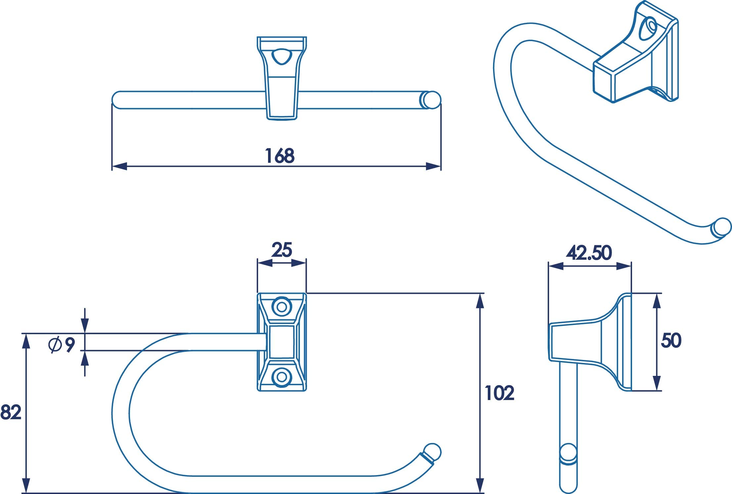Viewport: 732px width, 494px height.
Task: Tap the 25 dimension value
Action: point(282,250)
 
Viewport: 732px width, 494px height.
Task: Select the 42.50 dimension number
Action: point(589,253)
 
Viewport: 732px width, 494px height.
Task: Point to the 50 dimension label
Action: point(671,340)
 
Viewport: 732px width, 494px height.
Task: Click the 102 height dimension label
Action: point(499,393)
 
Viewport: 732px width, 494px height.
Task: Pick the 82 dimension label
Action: point(11,412)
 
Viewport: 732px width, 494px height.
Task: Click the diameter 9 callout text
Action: point(62,345)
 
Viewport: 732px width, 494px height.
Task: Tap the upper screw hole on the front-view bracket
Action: point(282,307)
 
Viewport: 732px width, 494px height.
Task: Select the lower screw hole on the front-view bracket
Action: point(282,377)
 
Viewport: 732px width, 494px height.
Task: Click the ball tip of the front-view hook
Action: point(432,452)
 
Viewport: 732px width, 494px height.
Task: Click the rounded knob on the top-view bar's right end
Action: point(432,100)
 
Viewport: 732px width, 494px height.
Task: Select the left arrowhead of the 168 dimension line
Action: point(119,166)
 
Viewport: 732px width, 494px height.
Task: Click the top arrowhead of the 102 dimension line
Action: point(480,301)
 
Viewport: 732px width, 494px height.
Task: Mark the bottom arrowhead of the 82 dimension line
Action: point(26,486)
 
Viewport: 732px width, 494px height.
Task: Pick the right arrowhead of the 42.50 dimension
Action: point(624,266)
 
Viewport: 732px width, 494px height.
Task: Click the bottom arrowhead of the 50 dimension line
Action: point(657,383)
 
